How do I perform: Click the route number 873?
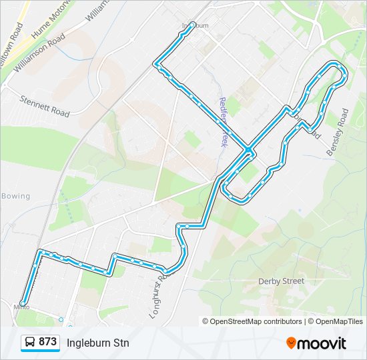click(x=47, y=342)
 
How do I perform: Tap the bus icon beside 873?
click(x=30, y=343)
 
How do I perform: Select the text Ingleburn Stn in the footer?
click(x=97, y=343)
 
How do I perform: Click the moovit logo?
click(x=316, y=343)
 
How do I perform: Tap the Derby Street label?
click(x=281, y=281)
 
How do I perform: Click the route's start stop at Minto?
click(x=23, y=303)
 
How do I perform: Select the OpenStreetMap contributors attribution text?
click(x=252, y=321)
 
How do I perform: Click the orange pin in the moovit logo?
click(x=291, y=343)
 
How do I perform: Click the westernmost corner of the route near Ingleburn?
click(x=156, y=64)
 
